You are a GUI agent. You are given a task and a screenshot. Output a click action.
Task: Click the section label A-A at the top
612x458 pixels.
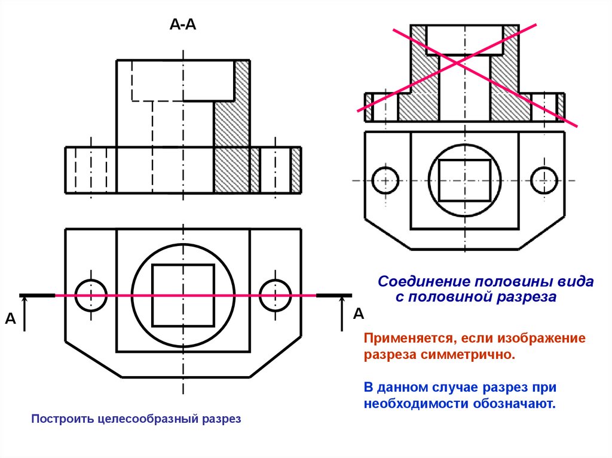tap(183, 24)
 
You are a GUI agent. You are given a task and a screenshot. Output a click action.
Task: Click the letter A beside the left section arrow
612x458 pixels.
tap(10, 319)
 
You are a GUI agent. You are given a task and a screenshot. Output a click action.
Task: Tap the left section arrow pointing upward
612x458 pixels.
tap(25, 313)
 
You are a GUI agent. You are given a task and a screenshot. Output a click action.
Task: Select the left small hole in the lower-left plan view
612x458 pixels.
tap(91, 295)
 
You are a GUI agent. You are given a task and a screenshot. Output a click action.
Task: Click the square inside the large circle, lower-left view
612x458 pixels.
tap(183, 295)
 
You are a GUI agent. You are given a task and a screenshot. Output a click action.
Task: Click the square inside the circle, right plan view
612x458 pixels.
tap(464, 180)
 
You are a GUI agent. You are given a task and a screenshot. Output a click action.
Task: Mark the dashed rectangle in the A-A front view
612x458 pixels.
tap(182, 80)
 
